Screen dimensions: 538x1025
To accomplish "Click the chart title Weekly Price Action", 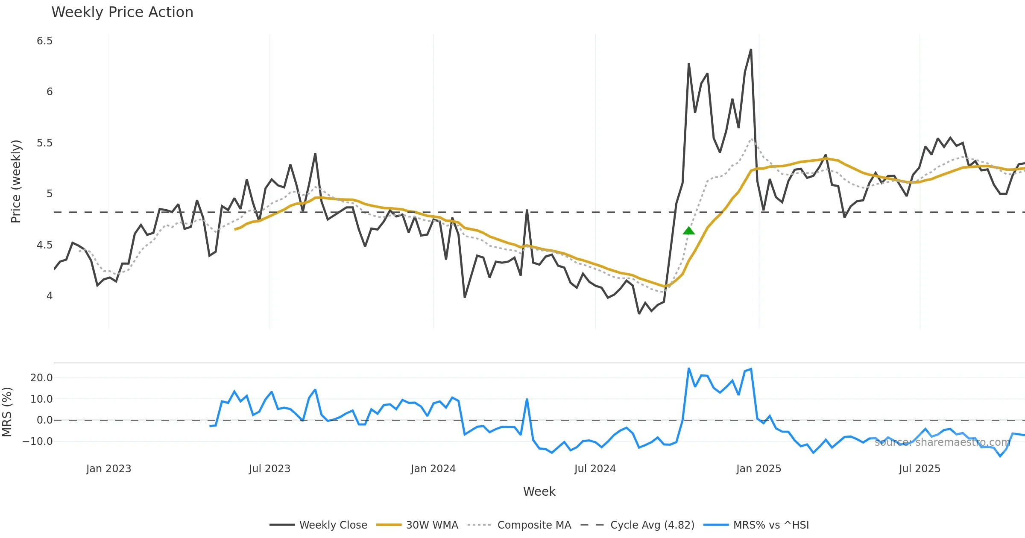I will [x=122, y=12].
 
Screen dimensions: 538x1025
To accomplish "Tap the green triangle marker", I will [x=688, y=231].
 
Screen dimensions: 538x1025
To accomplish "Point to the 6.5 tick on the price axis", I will [x=44, y=41].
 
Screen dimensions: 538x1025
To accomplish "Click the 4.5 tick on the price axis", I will [x=44, y=245].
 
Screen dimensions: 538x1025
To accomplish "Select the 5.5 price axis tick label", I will [x=44, y=143].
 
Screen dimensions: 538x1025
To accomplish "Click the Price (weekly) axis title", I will [x=16, y=181].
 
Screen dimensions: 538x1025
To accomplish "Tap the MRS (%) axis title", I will [x=7, y=412].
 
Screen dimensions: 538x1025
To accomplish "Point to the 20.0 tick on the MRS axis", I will [x=41, y=378].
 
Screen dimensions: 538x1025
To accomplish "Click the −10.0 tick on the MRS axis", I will [x=38, y=442].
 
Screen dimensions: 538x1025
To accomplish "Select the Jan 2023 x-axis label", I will [x=108, y=469].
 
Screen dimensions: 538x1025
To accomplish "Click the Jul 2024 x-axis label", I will [x=595, y=469].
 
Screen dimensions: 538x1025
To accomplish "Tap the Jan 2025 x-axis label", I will [x=758, y=469].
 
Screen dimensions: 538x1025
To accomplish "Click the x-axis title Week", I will [x=539, y=492].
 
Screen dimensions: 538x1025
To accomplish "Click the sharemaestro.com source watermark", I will [x=942, y=442].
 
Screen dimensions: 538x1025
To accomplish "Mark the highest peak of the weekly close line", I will [x=751, y=50].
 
